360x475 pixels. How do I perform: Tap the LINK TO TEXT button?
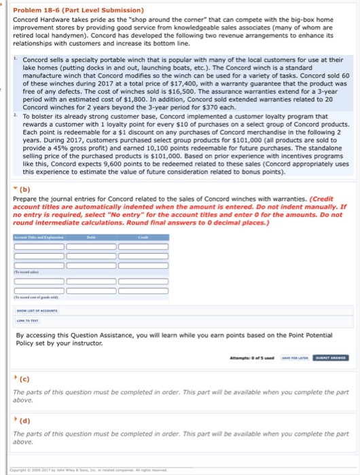click(x=29, y=320)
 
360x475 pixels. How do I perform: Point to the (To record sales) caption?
click(x=28, y=273)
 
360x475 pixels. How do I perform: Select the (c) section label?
click(x=24, y=379)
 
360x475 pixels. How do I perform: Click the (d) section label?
click(x=25, y=420)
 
